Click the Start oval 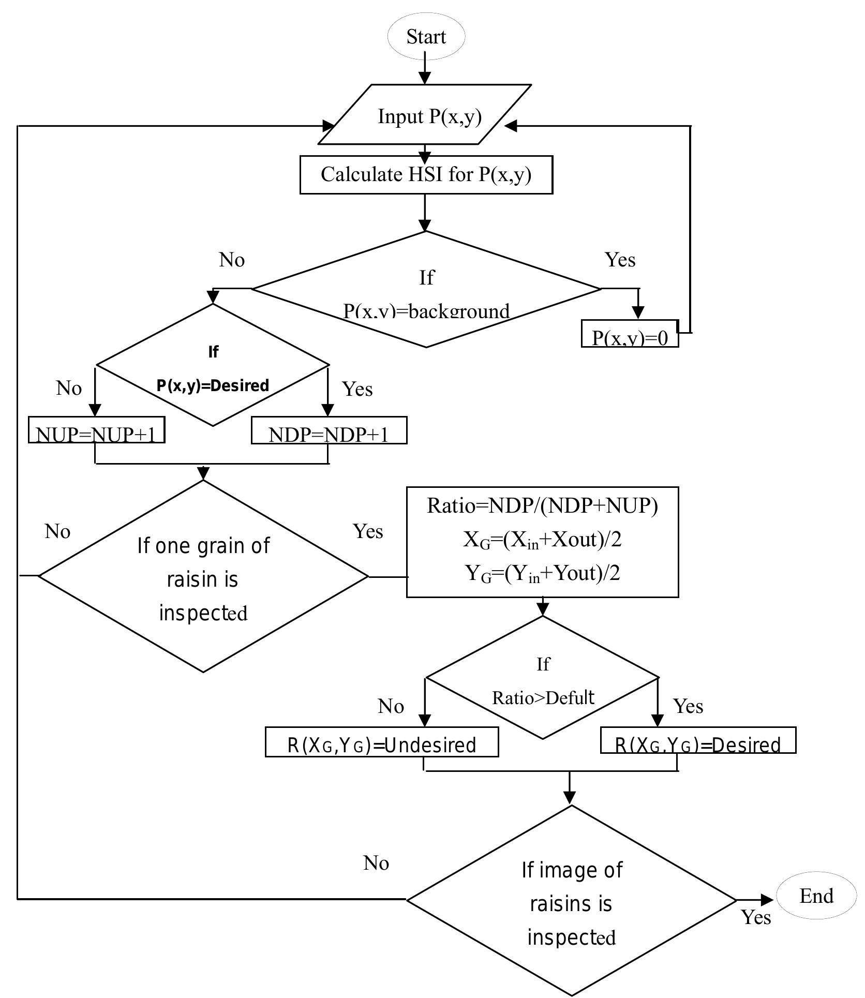tap(426, 37)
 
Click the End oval tap(816, 896)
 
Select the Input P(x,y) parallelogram tap(425, 115)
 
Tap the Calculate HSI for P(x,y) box tap(426, 174)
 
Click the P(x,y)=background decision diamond tap(426, 290)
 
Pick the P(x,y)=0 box tap(630, 334)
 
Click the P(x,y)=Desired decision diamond tap(213, 365)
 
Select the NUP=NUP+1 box tap(96, 431)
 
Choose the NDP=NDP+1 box tap(329, 431)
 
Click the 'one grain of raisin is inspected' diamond tap(203, 577)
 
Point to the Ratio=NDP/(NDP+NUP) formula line tap(542, 506)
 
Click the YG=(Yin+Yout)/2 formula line tap(542, 573)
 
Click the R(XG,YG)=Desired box tap(697, 741)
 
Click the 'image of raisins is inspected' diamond tap(571, 901)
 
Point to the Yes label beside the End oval tap(756, 917)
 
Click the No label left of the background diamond tap(232, 260)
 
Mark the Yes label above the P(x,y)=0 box tap(620, 260)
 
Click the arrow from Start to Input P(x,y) tap(425, 70)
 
